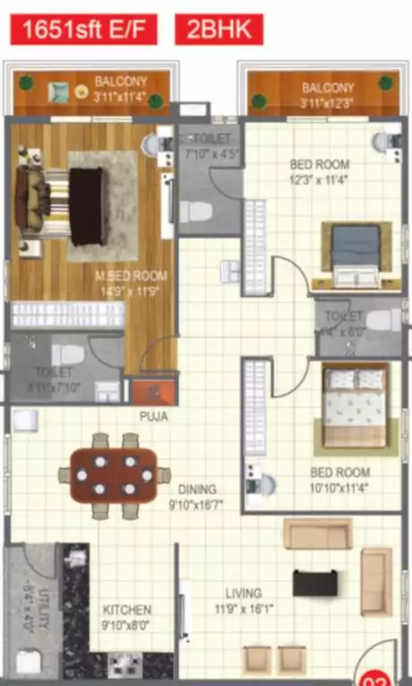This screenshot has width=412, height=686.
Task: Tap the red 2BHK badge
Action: pos(219,29)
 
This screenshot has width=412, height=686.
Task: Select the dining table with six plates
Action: pos(114,475)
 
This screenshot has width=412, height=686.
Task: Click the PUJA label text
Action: pos(153,416)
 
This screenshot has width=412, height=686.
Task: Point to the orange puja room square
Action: pos(154,391)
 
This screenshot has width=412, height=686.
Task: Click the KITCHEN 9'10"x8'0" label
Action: pos(126,617)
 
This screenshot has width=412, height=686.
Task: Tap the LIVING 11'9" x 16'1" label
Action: pos(243,599)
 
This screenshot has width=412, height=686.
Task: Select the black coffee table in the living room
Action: pos(315,583)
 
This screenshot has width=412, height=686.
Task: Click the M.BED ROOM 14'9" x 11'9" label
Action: pos(131,283)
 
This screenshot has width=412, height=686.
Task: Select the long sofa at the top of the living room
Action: pos(317,533)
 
